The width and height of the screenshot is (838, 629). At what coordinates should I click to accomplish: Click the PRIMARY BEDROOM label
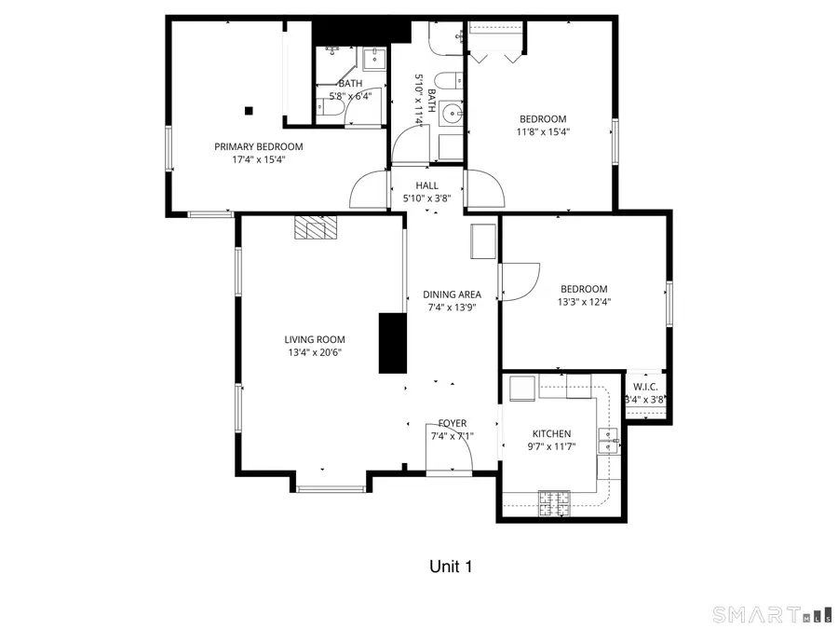pyautogui.click(x=258, y=146)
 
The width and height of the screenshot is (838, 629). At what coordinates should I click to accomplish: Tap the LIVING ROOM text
pyautogui.click(x=316, y=339)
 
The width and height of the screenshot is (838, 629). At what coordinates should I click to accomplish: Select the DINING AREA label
pyautogui.click(x=452, y=294)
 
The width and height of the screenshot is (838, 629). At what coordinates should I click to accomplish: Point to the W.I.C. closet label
pyautogui.click(x=646, y=387)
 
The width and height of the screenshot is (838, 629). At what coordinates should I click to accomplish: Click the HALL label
pyautogui.click(x=426, y=185)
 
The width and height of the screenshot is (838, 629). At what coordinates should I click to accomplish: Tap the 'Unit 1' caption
pyautogui.click(x=451, y=566)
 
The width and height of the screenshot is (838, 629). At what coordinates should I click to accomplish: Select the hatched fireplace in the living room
pyautogui.click(x=315, y=227)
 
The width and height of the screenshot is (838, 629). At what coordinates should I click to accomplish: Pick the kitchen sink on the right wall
pyautogui.click(x=608, y=435)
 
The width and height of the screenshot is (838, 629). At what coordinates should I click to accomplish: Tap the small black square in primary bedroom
pyautogui.click(x=249, y=111)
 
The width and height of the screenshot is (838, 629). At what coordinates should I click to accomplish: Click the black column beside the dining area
pyautogui.click(x=392, y=343)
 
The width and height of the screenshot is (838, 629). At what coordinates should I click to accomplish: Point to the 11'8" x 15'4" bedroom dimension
pyautogui.click(x=543, y=132)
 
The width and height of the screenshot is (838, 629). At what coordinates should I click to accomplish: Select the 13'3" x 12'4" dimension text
pyautogui.click(x=584, y=302)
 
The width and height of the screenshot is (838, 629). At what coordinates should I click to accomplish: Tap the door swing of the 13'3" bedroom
pyautogui.click(x=520, y=280)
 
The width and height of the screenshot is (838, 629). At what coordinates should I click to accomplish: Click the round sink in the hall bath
pyautogui.click(x=452, y=113)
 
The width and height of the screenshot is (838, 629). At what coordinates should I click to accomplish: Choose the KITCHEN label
pyautogui.click(x=551, y=433)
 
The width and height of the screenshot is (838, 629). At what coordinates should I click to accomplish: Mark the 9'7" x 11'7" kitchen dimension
pyautogui.click(x=551, y=446)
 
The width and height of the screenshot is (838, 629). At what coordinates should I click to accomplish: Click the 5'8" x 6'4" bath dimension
pyautogui.click(x=350, y=95)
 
